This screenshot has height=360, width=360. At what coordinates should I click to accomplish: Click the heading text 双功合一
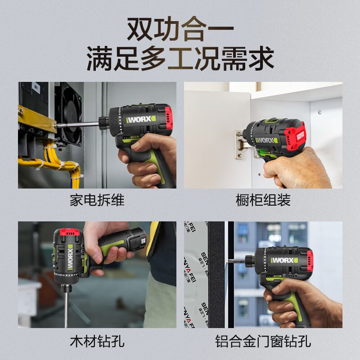[x=180, y=28]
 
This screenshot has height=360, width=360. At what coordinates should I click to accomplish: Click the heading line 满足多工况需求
[x=180, y=58]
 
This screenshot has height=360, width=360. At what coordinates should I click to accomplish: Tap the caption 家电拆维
[x=97, y=200]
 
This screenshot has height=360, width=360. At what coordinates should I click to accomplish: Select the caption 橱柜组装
[x=263, y=200]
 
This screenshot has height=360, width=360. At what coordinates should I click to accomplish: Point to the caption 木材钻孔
[x=97, y=341]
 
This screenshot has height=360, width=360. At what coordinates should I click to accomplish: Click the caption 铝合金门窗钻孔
[x=263, y=341]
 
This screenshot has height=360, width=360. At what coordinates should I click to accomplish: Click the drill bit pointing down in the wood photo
[x=66, y=306]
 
